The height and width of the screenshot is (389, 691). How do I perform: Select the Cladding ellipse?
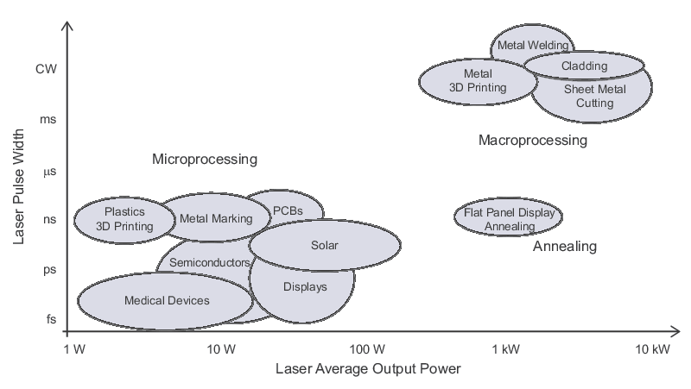coord(584,66)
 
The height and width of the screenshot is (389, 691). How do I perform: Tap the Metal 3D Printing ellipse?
coord(478,80)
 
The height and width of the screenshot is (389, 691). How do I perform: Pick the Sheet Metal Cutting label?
coord(588,96)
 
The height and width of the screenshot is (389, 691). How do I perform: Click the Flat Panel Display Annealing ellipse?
coord(510,219)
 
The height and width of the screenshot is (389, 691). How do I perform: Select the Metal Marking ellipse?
coord(215,218)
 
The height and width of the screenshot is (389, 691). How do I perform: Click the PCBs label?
coord(287,210)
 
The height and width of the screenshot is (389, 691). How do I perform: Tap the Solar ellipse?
coord(324,245)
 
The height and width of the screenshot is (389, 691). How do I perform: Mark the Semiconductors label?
coord(210,261)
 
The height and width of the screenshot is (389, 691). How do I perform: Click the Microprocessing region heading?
coord(205,160)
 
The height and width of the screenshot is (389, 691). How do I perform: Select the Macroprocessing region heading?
coord(532,140)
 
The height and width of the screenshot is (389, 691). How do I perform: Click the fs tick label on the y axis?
coord(50,319)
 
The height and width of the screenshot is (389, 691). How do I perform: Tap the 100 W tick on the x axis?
coord(367,349)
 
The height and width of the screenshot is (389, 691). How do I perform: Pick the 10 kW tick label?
coord(652,349)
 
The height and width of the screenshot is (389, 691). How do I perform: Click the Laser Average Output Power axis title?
coord(368,369)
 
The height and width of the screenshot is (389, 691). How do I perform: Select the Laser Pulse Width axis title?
coord(19,186)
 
